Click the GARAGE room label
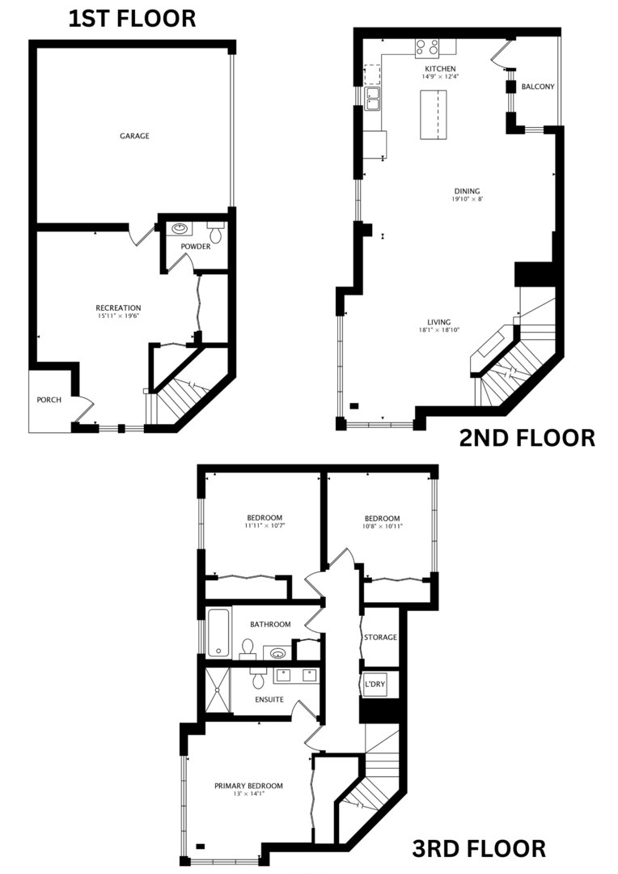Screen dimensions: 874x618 coord(135,136)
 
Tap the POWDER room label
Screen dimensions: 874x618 coord(195,246)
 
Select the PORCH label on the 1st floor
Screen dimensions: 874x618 coord(49,400)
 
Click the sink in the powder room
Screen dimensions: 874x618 coord(179,228)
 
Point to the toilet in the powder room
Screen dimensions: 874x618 coord(215,230)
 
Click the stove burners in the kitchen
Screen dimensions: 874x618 coord(426,47)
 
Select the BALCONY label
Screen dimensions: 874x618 coord(537,87)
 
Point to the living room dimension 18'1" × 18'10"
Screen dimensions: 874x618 coord(440,330)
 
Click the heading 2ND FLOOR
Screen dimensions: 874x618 coord(527,438)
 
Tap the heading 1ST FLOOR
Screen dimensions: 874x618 coord(131,19)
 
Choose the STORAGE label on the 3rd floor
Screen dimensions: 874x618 coord(380,637)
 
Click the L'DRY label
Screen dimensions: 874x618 coord(375,685)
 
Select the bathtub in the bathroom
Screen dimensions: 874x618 coord(218,633)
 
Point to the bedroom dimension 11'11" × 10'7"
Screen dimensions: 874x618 coord(265,526)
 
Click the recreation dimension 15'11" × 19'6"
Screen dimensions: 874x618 coord(118,316)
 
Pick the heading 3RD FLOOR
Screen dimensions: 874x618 coord(479,849)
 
